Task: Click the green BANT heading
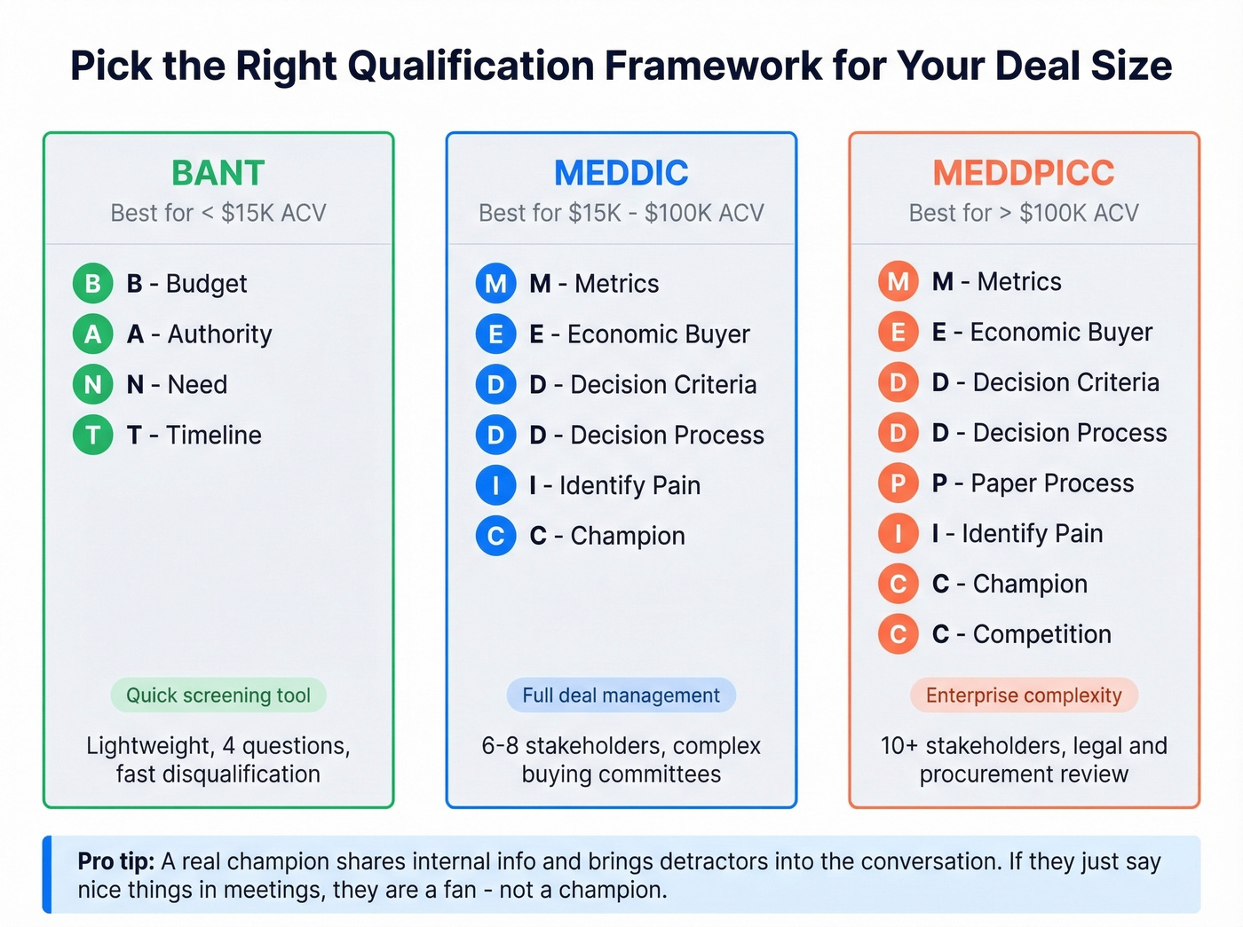[218, 173]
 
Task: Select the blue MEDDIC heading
[621, 173]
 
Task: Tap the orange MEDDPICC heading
[1024, 173]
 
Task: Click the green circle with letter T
[92, 435]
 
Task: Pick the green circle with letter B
[92, 284]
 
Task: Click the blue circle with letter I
[495, 485]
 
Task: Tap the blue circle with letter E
[495, 334]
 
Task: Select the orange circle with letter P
[898, 483]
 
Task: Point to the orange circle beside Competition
[898, 634]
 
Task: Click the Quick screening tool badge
[218, 695]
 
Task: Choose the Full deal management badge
[621, 695]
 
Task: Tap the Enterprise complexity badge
[1024, 695]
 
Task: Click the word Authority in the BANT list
[219, 334]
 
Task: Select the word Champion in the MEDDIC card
[628, 536]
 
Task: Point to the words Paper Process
[1052, 483]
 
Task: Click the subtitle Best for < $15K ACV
[218, 213]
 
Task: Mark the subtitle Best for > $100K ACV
[1024, 213]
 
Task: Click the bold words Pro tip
[115, 861]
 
